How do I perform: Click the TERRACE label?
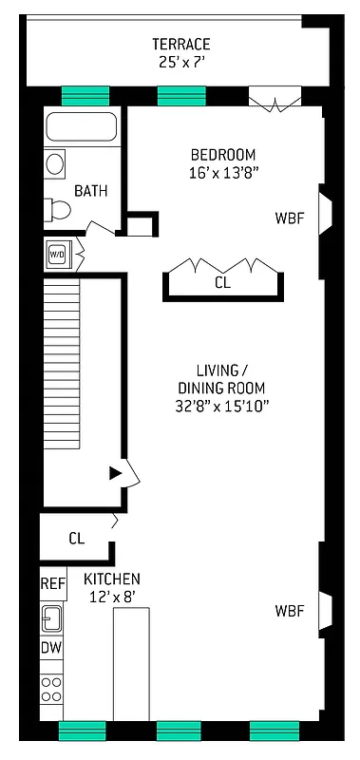click(180, 45)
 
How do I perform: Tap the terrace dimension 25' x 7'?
click(180, 63)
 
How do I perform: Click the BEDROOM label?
click(223, 155)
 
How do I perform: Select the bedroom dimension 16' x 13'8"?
click(223, 173)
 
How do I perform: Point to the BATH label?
click(91, 191)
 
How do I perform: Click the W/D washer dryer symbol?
click(56, 254)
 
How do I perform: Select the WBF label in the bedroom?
click(290, 218)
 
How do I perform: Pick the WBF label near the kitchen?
click(290, 610)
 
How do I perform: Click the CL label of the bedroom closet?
click(221, 282)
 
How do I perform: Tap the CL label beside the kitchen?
click(76, 538)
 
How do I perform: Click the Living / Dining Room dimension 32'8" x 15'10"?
click(223, 406)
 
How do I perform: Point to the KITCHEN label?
click(112, 579)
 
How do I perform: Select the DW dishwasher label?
click(51, 648)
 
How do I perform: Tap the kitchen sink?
click(51, 618)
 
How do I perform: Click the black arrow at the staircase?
click(116, 472)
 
